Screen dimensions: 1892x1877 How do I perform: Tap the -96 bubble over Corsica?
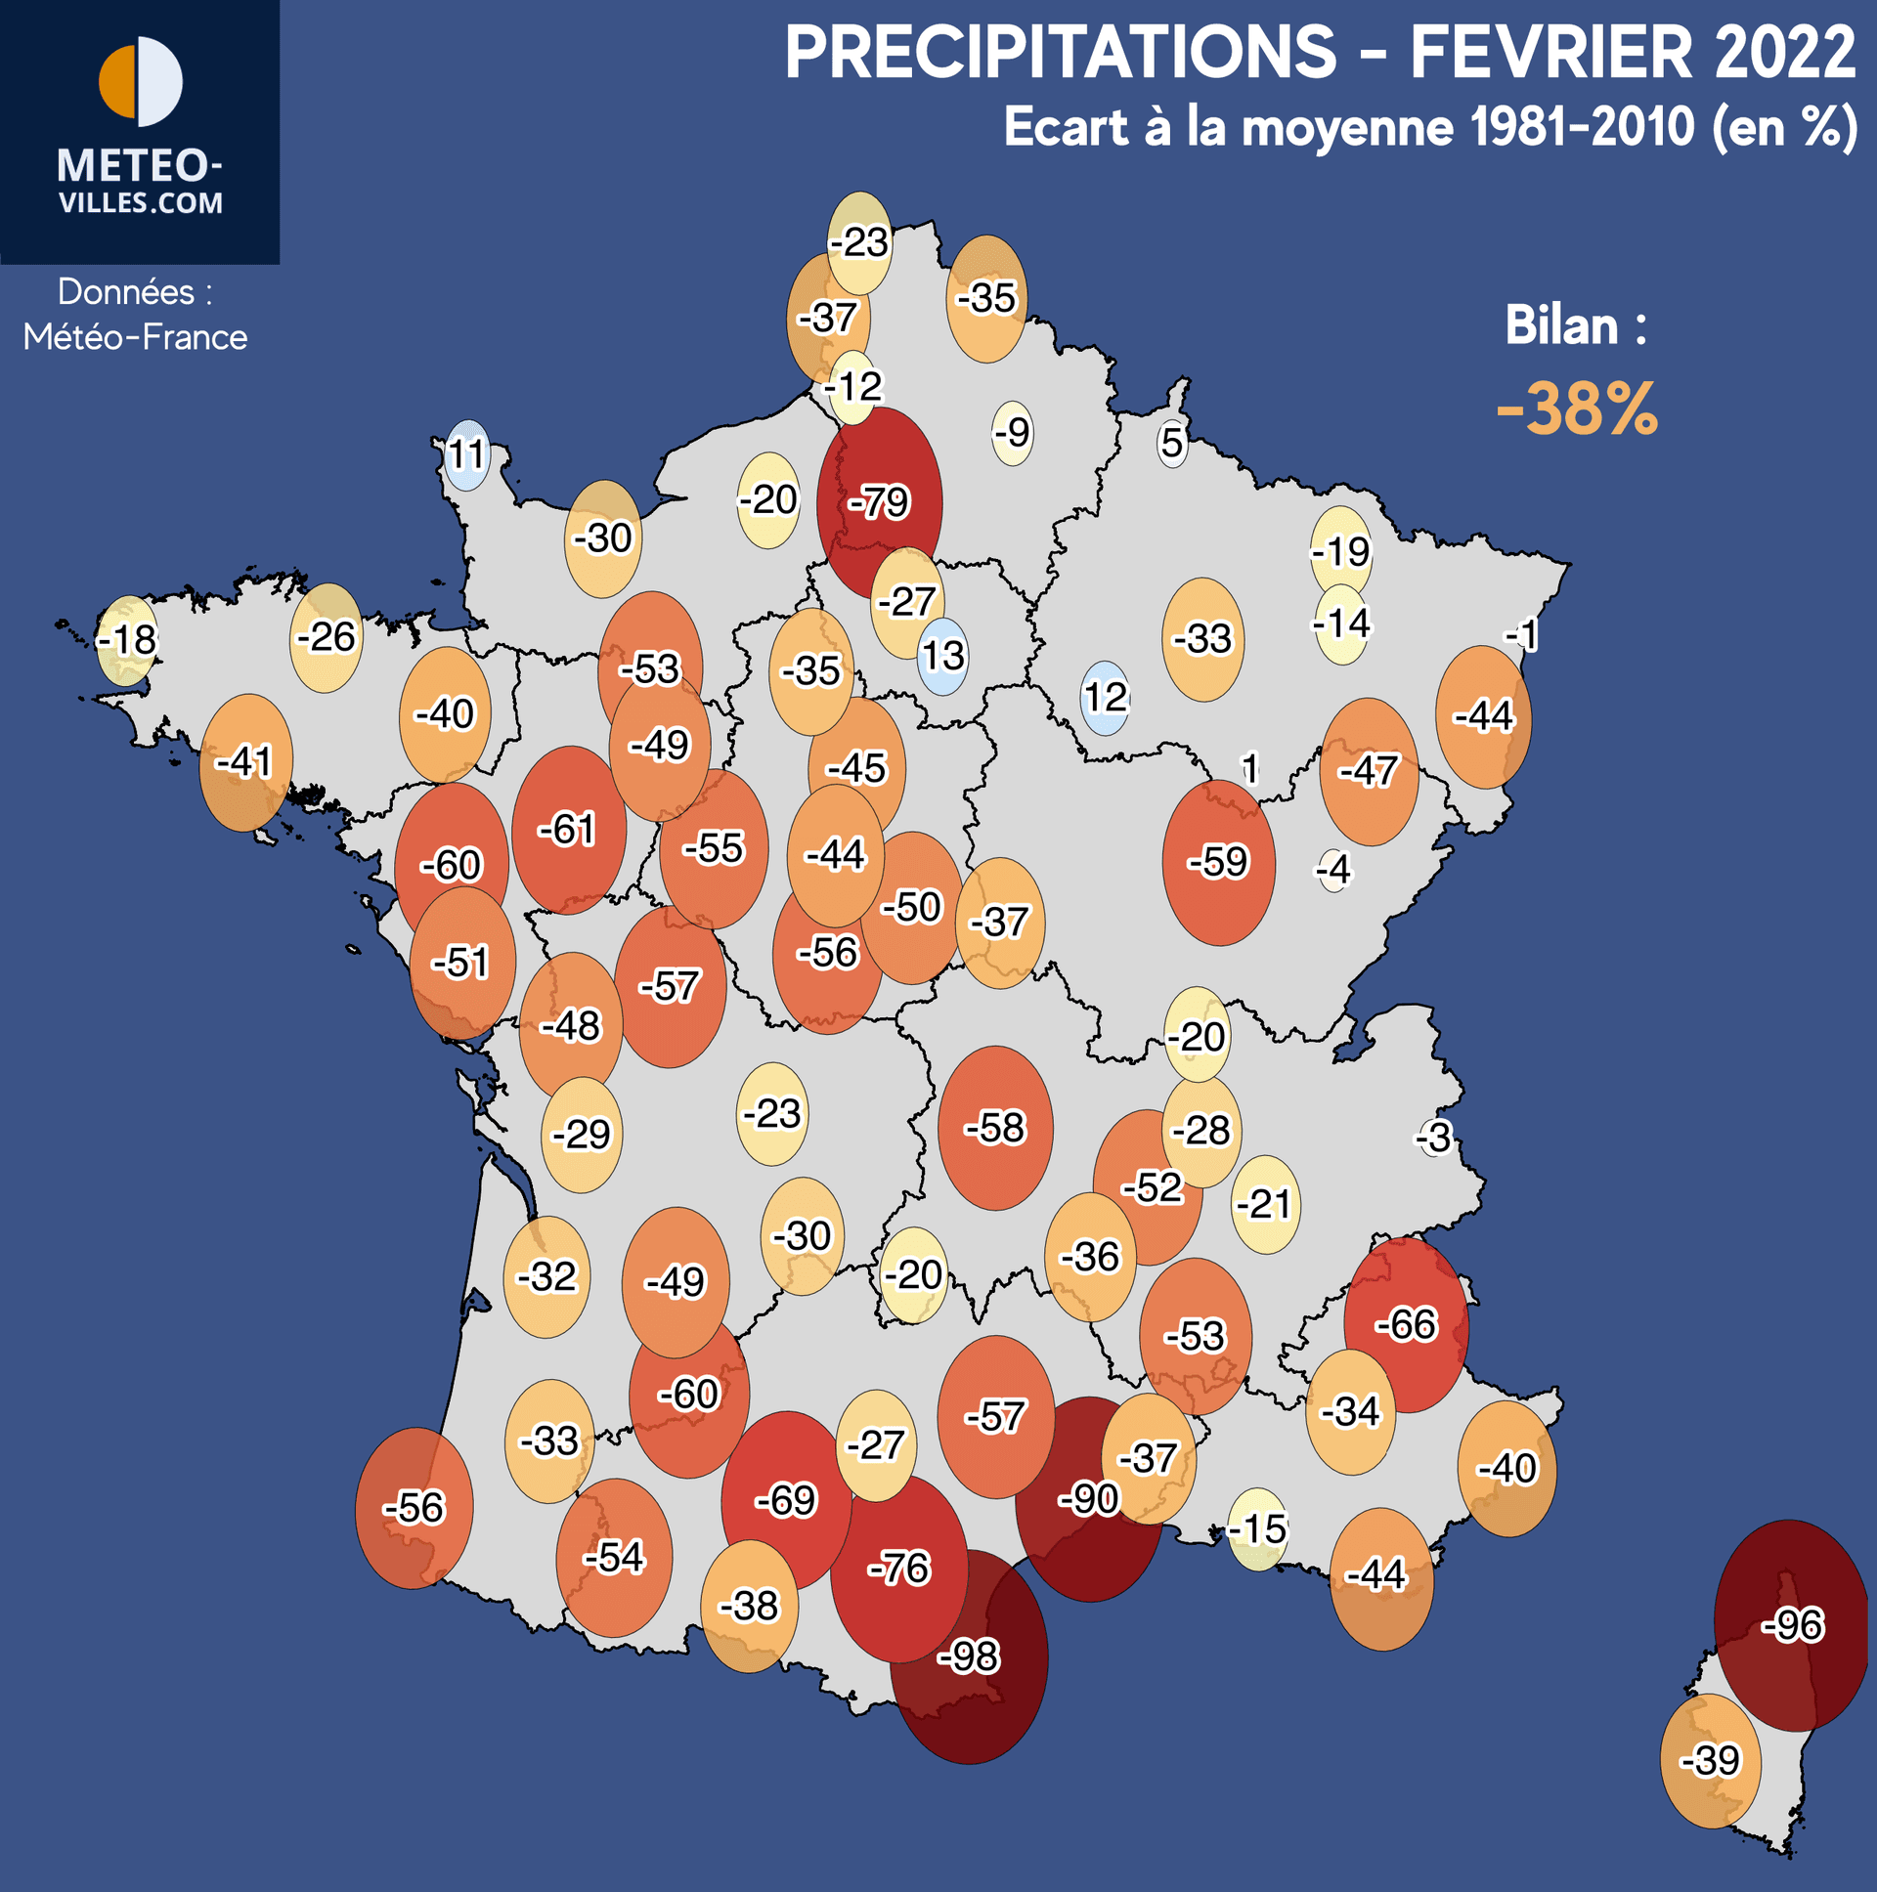click(x=1791, y=1625)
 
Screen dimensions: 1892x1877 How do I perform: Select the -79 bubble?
click(x=880, y=502)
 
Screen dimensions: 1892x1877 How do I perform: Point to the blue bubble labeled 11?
click(x=466, y=454)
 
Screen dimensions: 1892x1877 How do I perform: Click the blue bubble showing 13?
click(x=942, y=656)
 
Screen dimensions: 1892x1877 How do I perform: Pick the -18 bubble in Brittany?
click(x=127, y=640)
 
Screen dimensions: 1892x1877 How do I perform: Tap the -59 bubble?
click(x=1219, y=863)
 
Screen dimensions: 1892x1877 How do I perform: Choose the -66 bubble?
click(x=1406, y=1325)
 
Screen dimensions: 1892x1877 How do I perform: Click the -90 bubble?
click(x=1088, y=1498)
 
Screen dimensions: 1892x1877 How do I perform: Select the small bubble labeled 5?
click(x=1171, y=444)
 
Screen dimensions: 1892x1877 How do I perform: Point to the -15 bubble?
click(x=1258, y=1528)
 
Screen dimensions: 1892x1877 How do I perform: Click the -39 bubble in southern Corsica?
click(x=1711, y=1761)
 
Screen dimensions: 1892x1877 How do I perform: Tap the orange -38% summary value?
click(x=1576, y=409)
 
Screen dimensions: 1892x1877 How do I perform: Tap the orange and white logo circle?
click(x=141, y=81)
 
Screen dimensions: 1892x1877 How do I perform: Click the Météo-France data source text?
click(x=135, y=338)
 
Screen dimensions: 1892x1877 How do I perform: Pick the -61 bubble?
click(x=568, y=831)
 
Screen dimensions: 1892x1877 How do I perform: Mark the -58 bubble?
click(x=995, y=1128)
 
